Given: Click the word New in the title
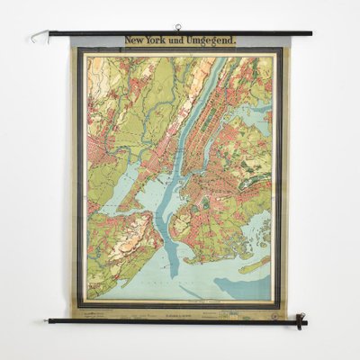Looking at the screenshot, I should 133,40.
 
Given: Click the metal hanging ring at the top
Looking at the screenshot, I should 178,28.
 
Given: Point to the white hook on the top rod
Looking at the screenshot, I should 38,37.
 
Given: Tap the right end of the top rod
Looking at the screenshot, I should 310,33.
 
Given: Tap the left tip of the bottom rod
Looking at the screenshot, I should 49,320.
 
